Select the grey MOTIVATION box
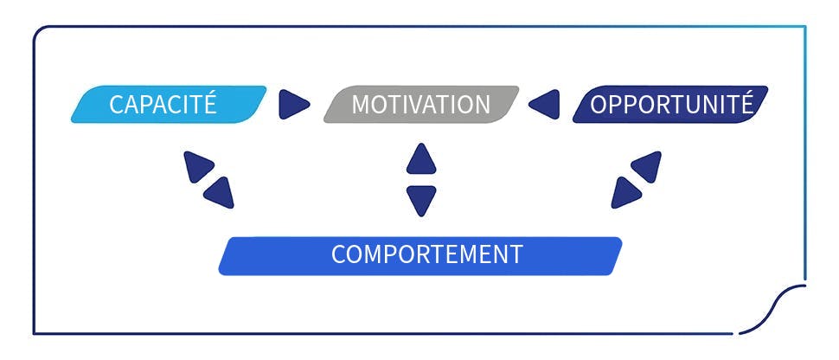click(420, 105)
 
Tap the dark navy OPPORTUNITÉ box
click(669, 105)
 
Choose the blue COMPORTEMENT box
click(420, 255)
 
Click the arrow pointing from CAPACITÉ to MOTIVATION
click(293, 105)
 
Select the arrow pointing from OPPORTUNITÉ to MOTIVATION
click(545, 105)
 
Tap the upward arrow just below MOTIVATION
click(421, 158)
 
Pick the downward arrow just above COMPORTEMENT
click(421, 199)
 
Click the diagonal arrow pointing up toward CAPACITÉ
click(198, 165)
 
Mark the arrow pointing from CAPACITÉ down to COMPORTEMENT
click(220, 192)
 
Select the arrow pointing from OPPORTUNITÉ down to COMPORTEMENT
click(624, 192)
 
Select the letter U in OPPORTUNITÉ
click(688, 105)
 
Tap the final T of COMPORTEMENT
click(516, 255)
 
